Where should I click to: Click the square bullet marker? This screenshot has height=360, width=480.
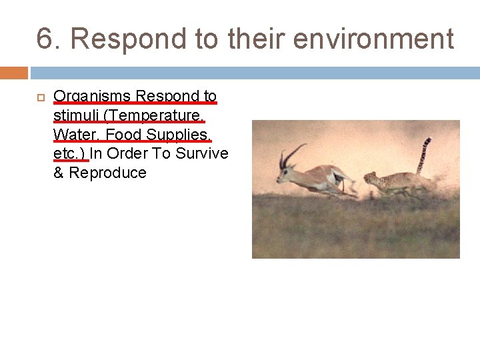coord(40,97)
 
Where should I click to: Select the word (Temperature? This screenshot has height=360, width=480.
coord(153,116)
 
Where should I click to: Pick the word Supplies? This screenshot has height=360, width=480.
coord(178,135)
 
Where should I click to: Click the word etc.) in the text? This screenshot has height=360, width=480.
coord(69,154)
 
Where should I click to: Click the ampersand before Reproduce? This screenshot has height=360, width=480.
coord(59,173)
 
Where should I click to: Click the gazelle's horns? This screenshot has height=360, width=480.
coord(291,155)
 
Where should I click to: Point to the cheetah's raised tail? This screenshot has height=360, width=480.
coord(423,155)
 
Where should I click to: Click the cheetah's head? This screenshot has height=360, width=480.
coord(371,179)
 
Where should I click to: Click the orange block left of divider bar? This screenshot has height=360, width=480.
coord(13,73)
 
